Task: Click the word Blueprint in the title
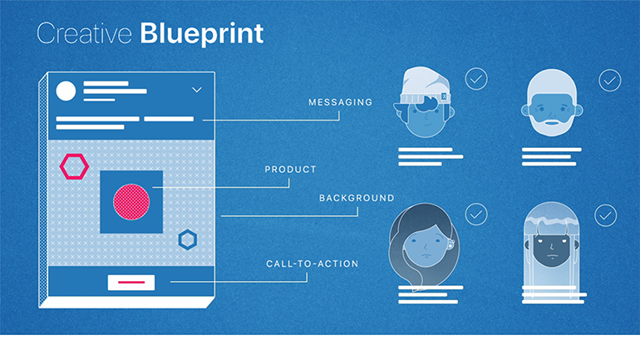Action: (202, 33)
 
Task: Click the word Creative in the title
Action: (85, 33)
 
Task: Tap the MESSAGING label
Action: (340, 102)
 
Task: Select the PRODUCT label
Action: (290, 170)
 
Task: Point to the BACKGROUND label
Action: (357, 198)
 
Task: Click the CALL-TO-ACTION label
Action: (312, 264)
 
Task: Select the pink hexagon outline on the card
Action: (74, 166)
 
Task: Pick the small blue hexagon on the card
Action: (189, 241)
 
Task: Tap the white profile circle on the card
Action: (66, 91)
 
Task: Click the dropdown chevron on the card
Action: (197, 89)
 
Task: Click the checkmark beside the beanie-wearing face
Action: (476, 80)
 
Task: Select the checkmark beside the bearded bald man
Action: (609, 80)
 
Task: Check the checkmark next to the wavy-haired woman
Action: (476, 215)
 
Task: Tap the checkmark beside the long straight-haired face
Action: (605, 215)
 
